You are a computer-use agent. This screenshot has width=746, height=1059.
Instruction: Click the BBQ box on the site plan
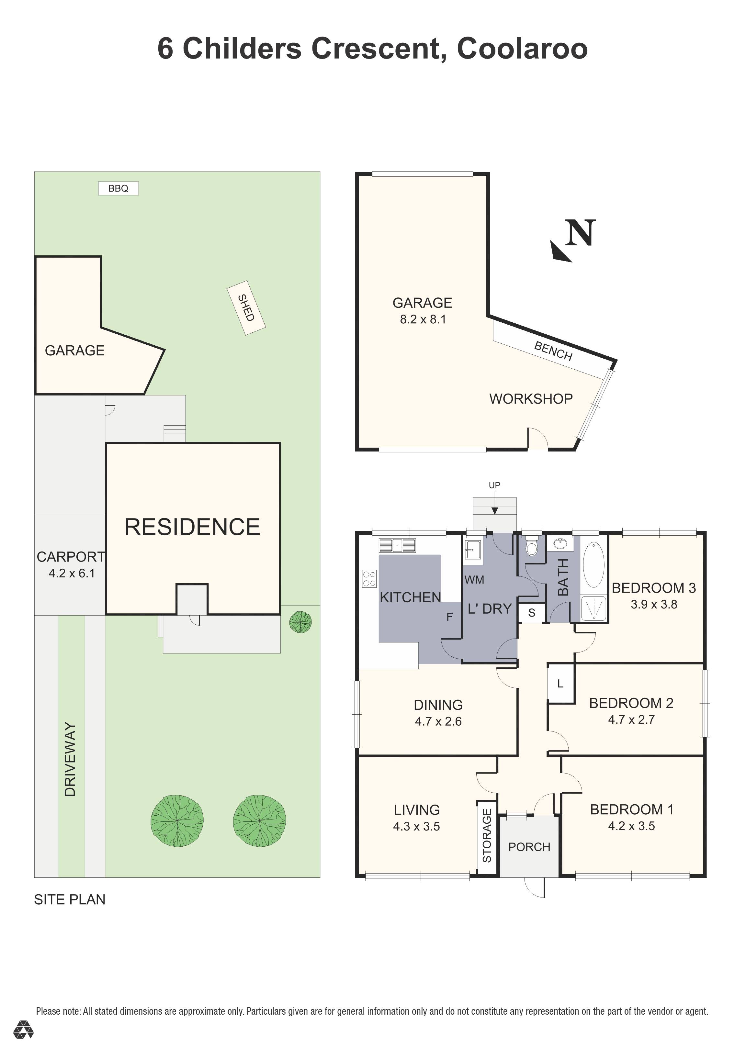point(118,188)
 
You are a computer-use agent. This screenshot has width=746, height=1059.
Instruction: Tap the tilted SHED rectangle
point(246,308)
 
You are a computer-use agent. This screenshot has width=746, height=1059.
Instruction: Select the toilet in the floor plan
point(532,547)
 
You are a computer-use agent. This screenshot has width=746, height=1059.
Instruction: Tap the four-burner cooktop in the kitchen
point(369,578)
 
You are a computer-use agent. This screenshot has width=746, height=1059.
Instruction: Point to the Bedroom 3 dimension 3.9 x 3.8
point(654,605)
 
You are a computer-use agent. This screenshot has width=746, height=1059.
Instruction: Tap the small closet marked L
point(560,684)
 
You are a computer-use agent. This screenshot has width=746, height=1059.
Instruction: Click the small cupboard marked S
point(531,613)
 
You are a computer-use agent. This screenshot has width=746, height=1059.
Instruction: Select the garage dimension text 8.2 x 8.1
point(423,319)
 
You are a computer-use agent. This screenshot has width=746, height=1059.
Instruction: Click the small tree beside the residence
point(300,622)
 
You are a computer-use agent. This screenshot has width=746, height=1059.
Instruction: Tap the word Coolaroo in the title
point(522,49)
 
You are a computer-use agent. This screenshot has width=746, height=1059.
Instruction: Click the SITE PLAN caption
point(70,899)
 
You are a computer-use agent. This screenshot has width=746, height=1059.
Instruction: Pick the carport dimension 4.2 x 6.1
point(72,573)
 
